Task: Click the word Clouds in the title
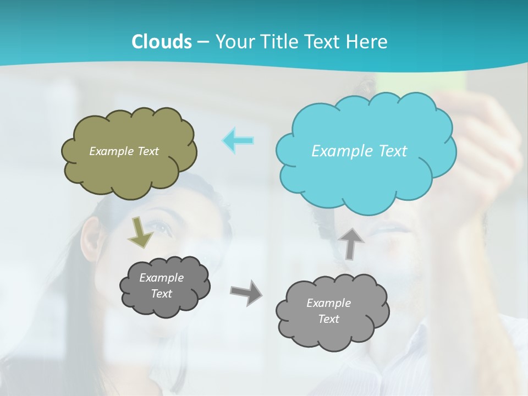click(x=162, y=41)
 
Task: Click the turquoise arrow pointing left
click(x=238, y=140)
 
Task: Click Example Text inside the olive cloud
click(x=124, y=151)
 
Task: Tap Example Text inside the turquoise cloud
click(x=359, y=151)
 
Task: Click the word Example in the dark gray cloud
click(x=161, y=278)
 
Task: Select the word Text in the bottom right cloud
click(x=328, y=319)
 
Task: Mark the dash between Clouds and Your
click(x=202, y=42)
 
